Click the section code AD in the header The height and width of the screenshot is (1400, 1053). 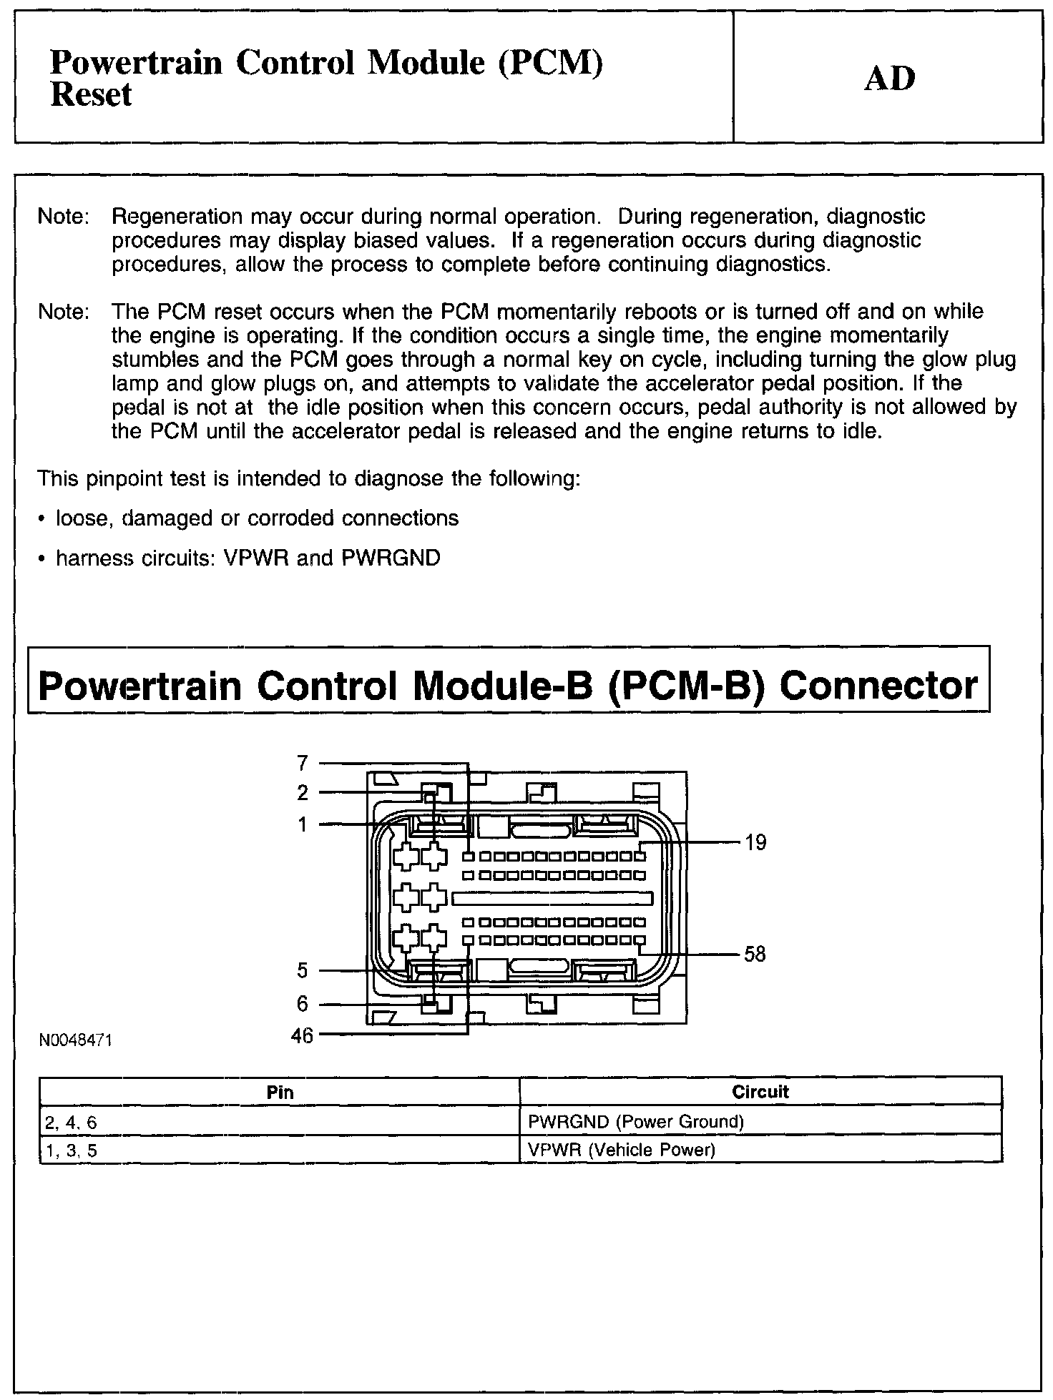(889, 78)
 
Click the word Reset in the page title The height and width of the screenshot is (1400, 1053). (91, 95)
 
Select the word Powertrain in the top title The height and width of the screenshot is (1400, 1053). (136, 64)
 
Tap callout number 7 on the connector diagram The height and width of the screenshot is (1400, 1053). (303, 764)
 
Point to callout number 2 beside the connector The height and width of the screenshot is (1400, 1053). (303, 792)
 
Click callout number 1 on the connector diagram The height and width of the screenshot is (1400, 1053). (303, 824)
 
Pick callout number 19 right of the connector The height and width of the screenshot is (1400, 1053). (755, 843)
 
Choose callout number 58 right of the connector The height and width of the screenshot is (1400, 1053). (755, 954)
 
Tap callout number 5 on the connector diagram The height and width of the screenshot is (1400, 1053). (303, 970)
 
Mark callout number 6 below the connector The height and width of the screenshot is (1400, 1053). (303, 1004)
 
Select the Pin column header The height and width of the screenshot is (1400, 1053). (280, 1092)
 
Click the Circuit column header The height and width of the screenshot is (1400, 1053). (760, 1092)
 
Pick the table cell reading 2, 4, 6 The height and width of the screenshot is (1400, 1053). (71, 1123)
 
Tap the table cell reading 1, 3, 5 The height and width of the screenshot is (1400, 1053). (71, 1150)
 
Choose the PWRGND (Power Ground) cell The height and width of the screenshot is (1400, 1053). (635, 1122)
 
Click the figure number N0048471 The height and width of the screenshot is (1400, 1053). (75, 1040)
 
